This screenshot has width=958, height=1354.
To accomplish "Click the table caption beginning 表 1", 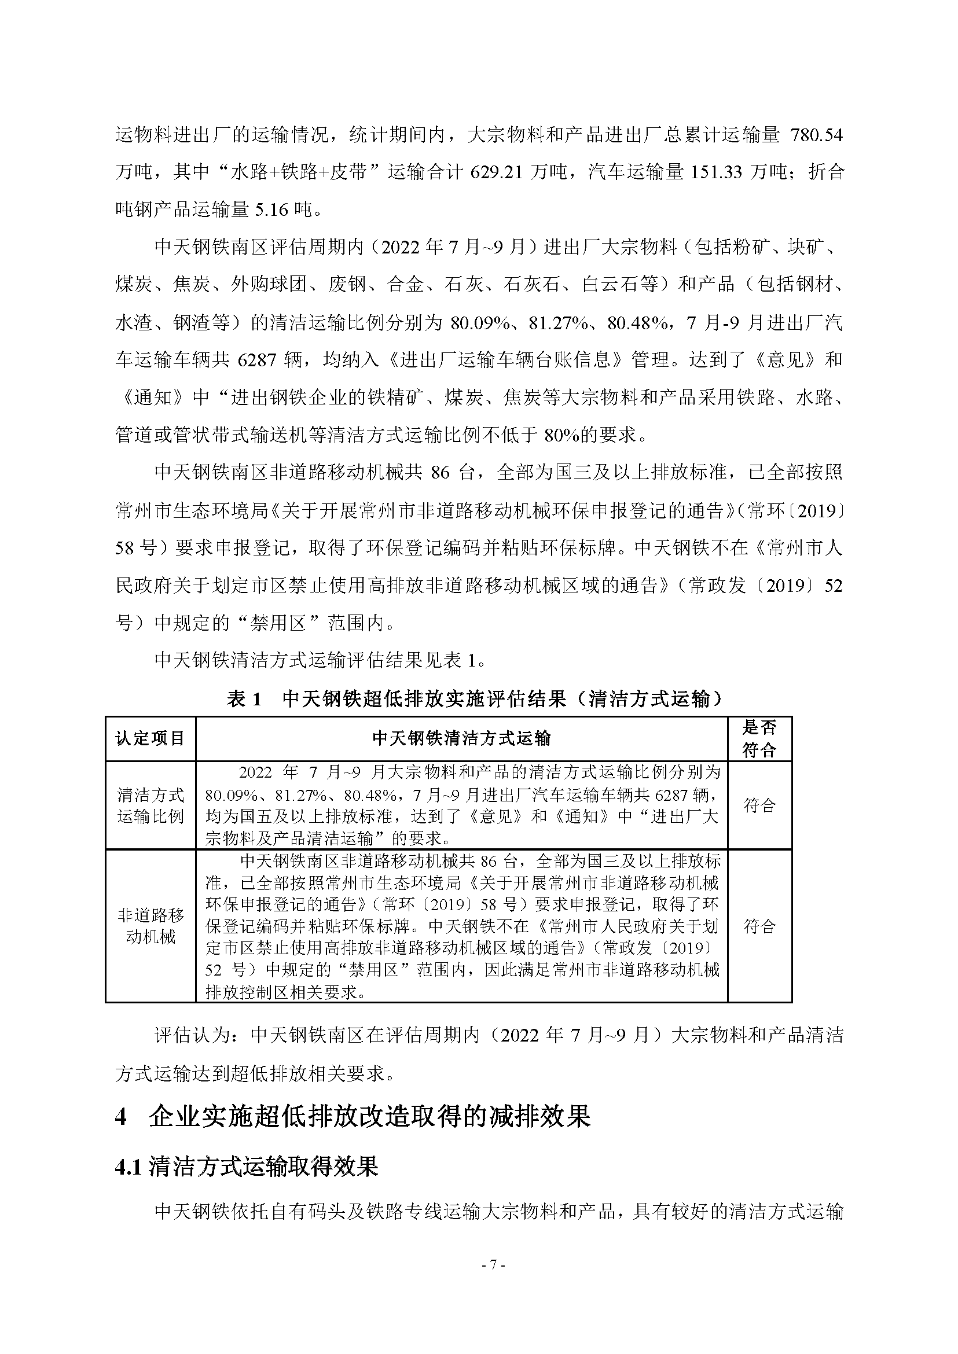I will click(475, 699).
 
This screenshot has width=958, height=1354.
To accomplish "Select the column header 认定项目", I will click(151, 738).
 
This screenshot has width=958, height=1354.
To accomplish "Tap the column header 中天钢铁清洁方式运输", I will click(461, 738).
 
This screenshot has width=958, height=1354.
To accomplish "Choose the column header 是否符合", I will click(759, 738).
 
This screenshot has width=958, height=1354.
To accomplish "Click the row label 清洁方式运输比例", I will click(151, 805).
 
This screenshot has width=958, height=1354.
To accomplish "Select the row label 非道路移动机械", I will click(151, 926).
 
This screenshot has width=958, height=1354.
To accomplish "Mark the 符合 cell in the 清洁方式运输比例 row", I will click(759, 805).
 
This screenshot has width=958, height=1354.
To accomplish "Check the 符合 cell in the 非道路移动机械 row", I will click(759, 926).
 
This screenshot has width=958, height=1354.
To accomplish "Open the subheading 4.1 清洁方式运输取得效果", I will click(247, 1166).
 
